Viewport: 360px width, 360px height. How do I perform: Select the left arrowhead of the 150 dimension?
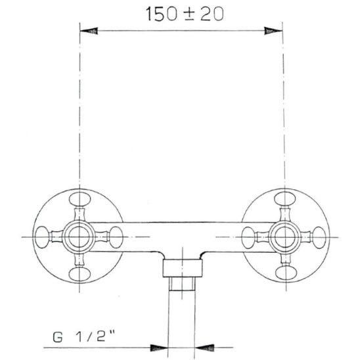point(89,30)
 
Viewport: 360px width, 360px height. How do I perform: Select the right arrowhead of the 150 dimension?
point(271,30)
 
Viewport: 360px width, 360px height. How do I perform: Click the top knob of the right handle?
point(284,198)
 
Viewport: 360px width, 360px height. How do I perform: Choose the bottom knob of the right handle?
point(284,272)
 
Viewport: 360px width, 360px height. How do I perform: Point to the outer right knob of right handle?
point(321,235)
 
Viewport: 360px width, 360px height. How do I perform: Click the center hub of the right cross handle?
point(284,235)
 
